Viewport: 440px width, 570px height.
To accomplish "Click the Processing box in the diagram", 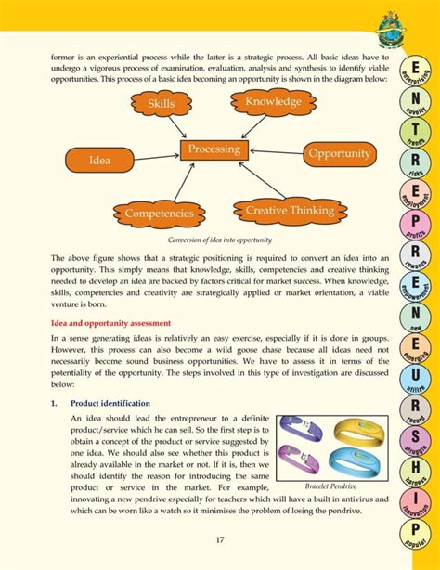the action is click(x=214, y=149).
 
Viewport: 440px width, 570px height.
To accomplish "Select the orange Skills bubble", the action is click(x=161, y=104).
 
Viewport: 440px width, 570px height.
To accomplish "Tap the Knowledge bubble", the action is click(x=273, y=101).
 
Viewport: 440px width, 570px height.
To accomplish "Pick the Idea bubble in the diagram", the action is click(x=99, y=161).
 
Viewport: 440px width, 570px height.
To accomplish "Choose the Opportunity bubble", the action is click(x=339, y=153).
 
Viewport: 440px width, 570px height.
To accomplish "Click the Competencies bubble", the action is click(x=159, y=214).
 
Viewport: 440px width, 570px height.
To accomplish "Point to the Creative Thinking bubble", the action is click(x=289, y=212).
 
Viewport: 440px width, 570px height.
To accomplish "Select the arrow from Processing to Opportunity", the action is click(x=274, y=152).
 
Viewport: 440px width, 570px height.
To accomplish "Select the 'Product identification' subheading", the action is click(x=111, y=405).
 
